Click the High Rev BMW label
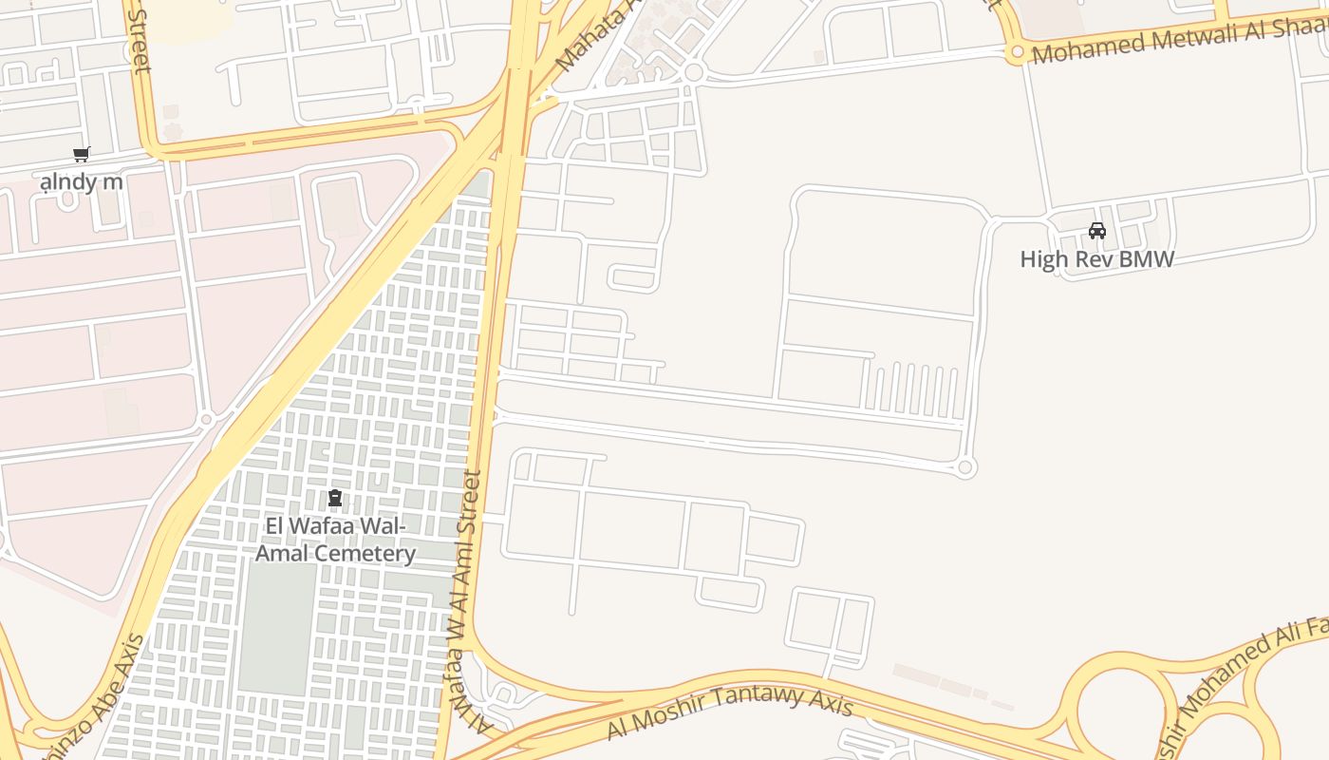pos(1096,259)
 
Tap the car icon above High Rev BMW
pos(1097,231)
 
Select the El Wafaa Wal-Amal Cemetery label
pos(335,541)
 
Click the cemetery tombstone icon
pos(334,498)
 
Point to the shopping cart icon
pos(82,154)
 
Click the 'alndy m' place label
pos(82,180)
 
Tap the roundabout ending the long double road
pos(965,467)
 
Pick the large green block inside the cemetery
pos(275,627)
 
